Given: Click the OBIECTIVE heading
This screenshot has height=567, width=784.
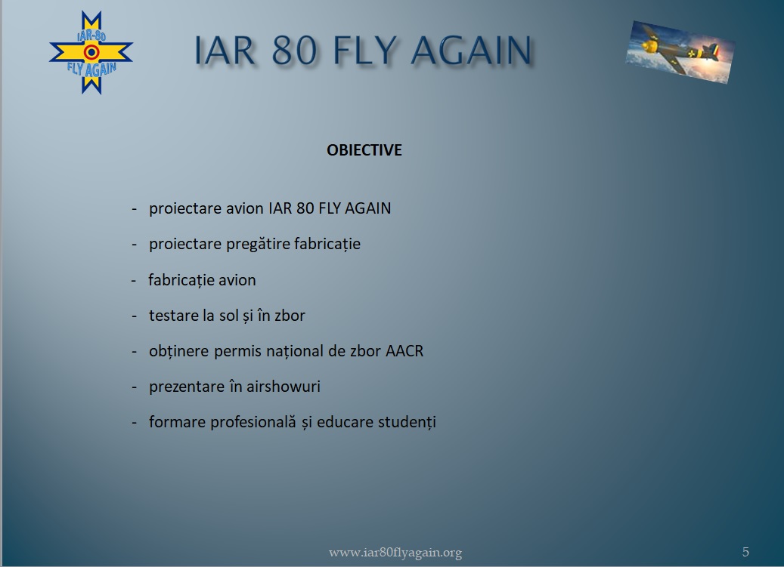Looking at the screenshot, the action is tap(364, 150).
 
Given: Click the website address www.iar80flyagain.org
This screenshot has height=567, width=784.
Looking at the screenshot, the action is tap(395, 553).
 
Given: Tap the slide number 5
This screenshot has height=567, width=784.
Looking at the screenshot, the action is tap(745, 552).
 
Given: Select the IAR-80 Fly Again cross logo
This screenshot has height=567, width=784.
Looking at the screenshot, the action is tap(91, 52).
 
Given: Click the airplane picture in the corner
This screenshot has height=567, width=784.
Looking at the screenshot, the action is tap(680, 52).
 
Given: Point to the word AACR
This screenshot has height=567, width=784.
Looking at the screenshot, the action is tap(404, 351).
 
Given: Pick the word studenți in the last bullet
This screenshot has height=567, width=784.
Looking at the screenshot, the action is tap(407, 422).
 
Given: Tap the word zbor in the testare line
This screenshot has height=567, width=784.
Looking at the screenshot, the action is tap(290, 316).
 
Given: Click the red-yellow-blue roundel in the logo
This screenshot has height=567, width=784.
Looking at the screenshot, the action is tap(91, 52).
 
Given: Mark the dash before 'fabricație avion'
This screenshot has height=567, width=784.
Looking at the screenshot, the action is tap(134, 281).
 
